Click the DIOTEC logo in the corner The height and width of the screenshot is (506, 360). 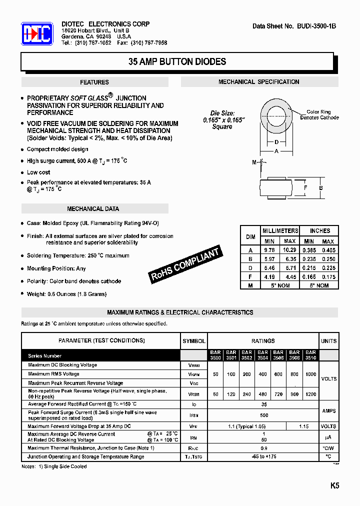pyautogui.click(x=37, y=34)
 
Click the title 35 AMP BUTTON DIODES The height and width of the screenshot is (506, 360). pyautogui.click(x=177, y=62)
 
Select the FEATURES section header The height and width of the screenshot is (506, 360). pyautogui.click(x=94, y=82)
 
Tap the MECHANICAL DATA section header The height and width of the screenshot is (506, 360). pyautogui.click(x=93, y=209)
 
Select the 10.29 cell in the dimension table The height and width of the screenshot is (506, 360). pyautogui.click(x=290, y=249)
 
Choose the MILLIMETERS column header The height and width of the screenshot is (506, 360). pyautogui.click(x=280, y=230)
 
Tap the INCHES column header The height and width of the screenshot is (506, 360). pyautogui.click(x=320, y=230)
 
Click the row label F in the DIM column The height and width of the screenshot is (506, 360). pyautogui.click(x=250, y=276)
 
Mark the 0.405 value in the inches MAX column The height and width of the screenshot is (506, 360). pyautogui.click(x=328, y=249)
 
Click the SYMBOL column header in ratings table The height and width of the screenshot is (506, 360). pyautogui.click(x=194, y=341)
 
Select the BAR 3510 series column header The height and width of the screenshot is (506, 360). pyautogui.click(x=310, y=355)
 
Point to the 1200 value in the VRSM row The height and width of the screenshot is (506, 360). pyautogui.click(x=310, y=394)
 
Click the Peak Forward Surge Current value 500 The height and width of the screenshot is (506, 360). pyautogui.click(x=263, y=415)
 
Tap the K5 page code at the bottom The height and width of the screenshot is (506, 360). pyautogui.click(x=334, y=485)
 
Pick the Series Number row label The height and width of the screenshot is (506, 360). pyautogui.click(x=45, y=356)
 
